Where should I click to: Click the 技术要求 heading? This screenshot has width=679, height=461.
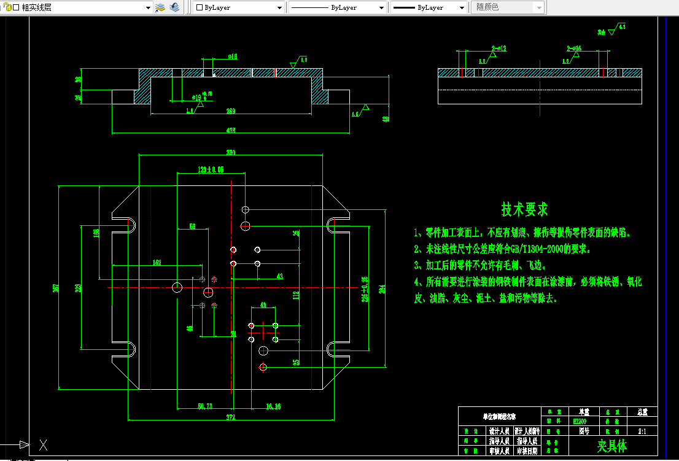(x=524, y=210)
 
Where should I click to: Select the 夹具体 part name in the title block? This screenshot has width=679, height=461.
(x=612, y=445)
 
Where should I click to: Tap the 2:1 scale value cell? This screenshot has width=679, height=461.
(x=642, y=432)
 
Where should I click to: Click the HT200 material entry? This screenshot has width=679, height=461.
(x=579, y=422)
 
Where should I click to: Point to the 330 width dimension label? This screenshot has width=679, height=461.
(x=231, y=152)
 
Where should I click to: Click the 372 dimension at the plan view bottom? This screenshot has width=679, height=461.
(x=231, y=417)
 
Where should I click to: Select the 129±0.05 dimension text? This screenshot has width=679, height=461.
(x=211, y=169)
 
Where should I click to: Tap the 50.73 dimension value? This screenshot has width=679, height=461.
(x=204, y=406)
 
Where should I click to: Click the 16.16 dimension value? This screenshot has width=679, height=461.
(x=273, y=406)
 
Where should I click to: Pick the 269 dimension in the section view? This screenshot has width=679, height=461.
(x=231, y=111)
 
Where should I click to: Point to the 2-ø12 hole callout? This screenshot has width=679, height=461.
(x=499, y=48)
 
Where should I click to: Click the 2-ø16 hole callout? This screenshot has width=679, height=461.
(x=573, y=48)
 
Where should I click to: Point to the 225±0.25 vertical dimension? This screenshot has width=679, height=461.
(x=365, y=289)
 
